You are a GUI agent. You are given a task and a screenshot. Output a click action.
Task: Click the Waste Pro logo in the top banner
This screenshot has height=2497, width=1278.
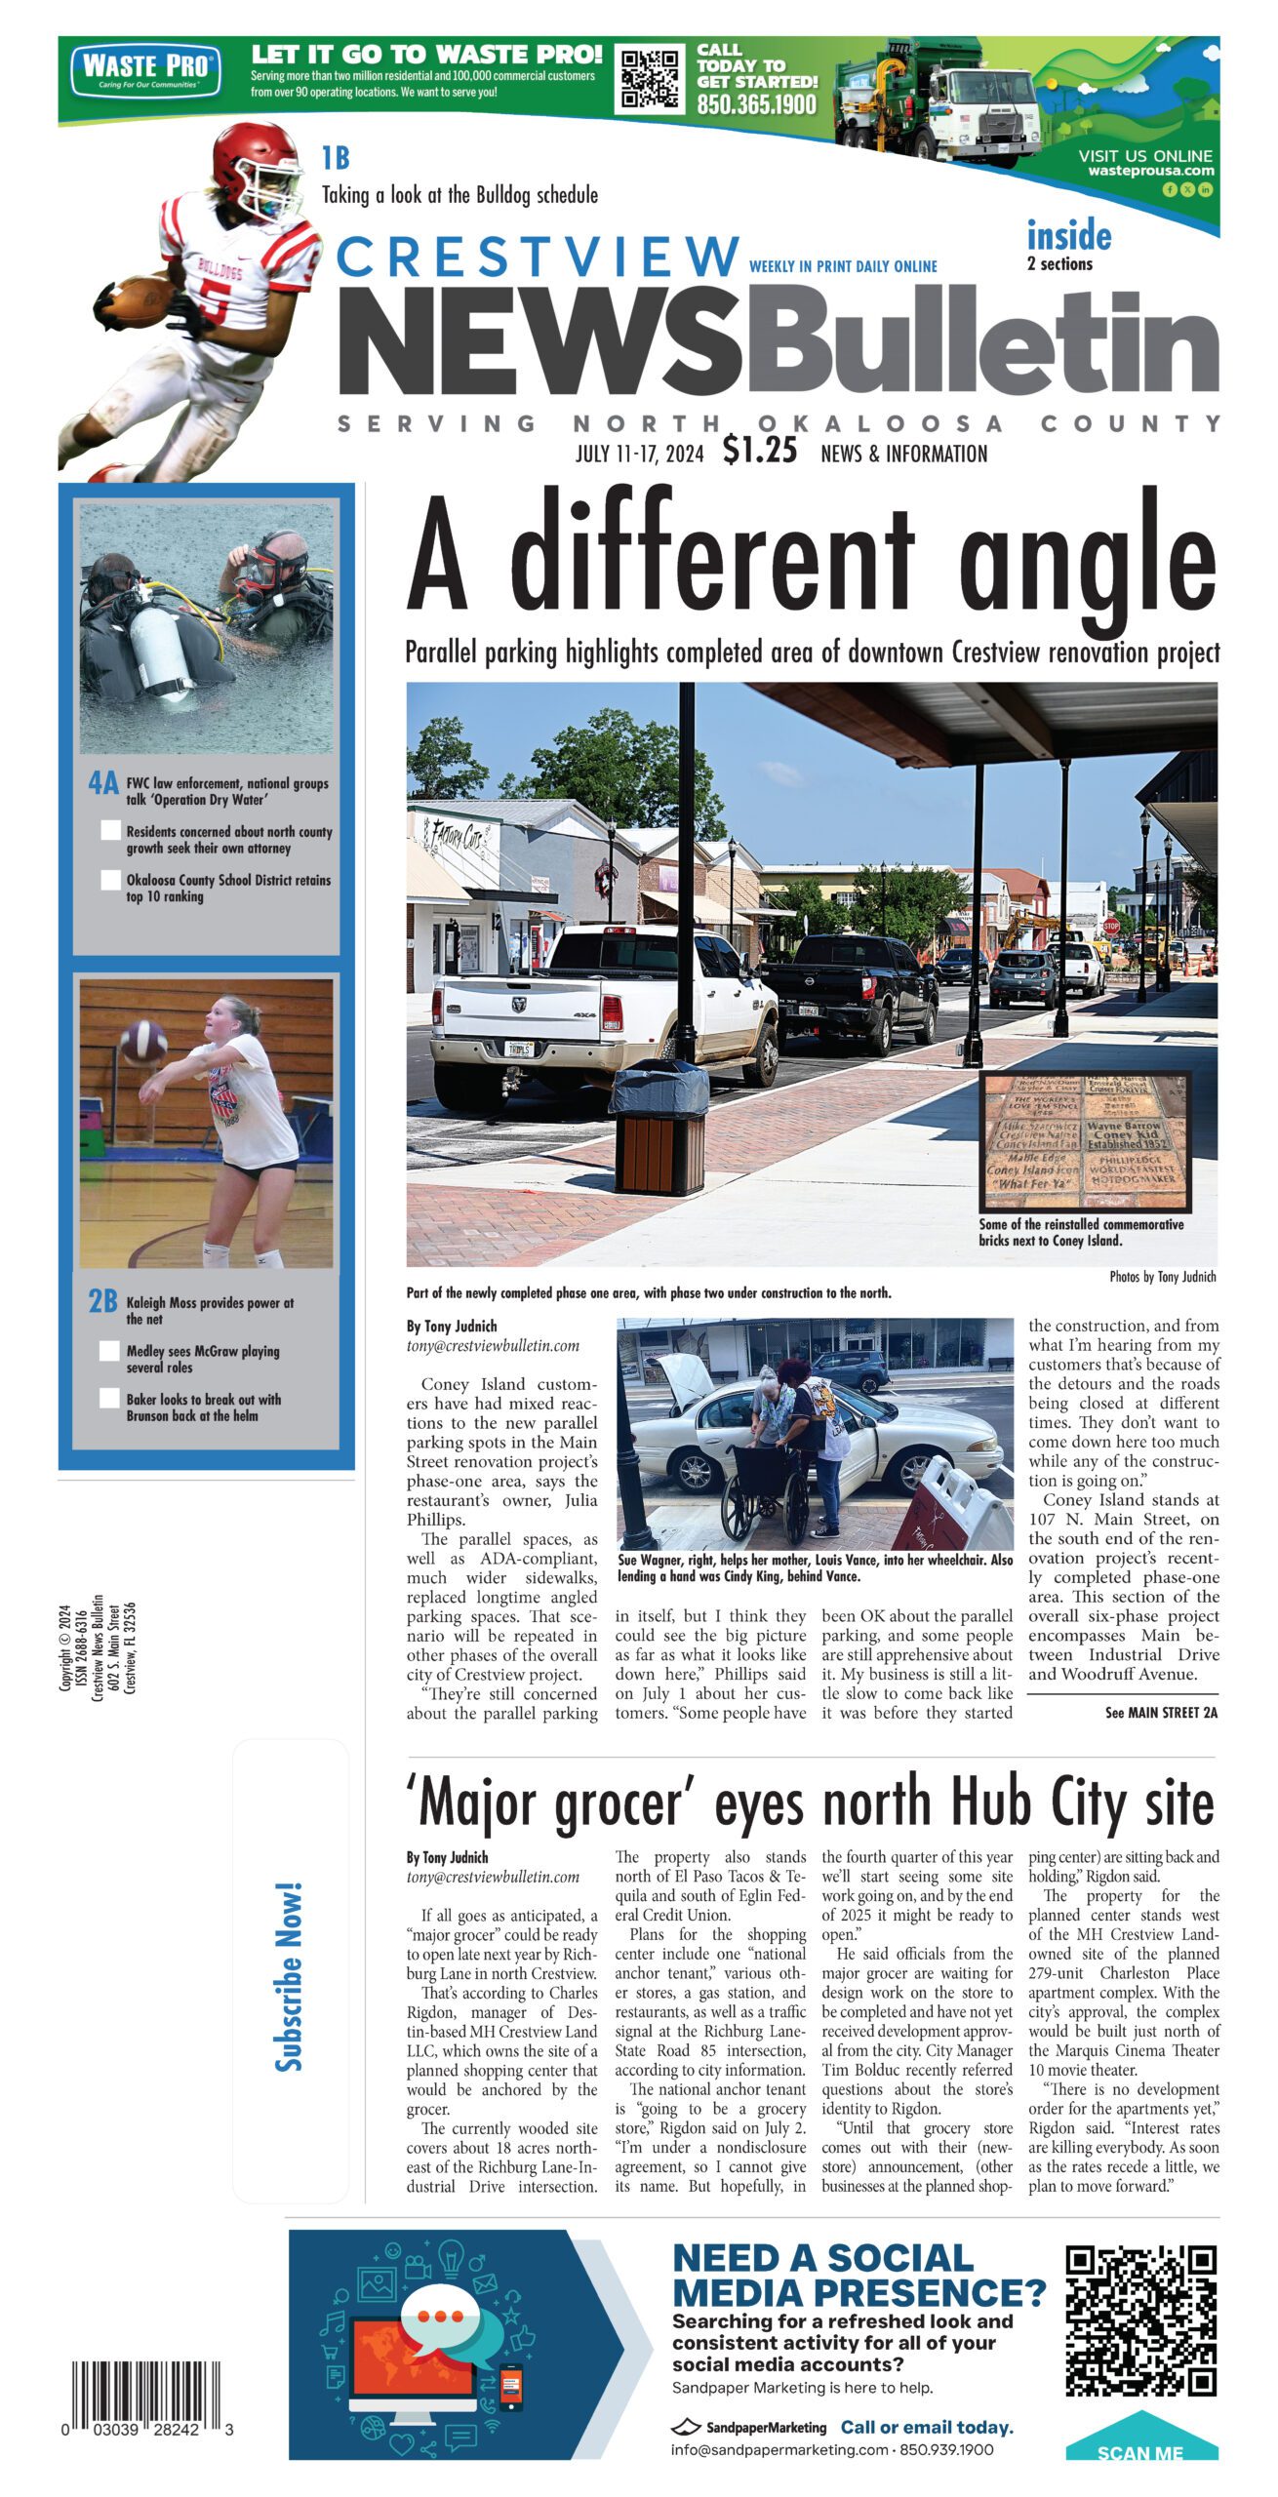[145, 70]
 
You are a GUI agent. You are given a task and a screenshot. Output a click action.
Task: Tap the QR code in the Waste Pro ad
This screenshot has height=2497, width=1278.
[651, 79]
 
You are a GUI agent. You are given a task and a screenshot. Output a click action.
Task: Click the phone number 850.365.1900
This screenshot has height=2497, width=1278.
[756, 104]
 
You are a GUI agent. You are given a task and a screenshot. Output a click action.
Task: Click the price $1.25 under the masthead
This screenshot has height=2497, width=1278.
[759, 451]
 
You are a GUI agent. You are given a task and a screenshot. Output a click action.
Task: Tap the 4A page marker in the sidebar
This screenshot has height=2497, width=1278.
[102, 782]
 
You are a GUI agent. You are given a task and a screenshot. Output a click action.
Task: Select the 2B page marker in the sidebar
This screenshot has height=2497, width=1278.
[102, 1301]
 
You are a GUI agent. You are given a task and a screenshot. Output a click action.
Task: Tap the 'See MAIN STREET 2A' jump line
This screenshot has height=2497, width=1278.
[1160, 1712]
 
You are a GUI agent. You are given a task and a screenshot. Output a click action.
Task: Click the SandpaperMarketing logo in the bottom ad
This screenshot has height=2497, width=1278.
[748, 2427]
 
